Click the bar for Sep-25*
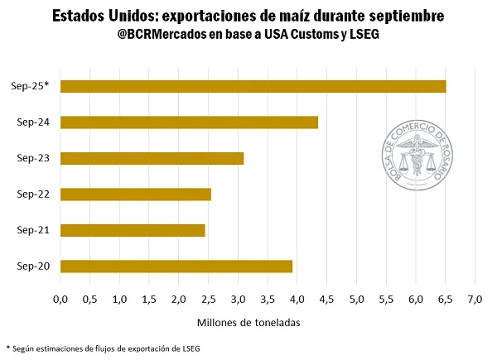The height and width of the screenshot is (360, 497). pyautogui.click(x=253, y=86)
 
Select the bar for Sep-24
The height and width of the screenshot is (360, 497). pyautogui.click(x=189, y=122)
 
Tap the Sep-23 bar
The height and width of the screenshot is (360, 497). pyautogui.click(x=152, y=158)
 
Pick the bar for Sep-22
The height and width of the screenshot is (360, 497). pyautogui.click(x=135, y=194)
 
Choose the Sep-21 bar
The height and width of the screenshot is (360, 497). pyautogui.click(x=133, y=230)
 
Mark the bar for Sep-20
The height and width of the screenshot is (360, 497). pyautogui.click(x=176, y=266)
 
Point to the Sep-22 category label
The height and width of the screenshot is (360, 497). pyautogui.click(x=32, y=194)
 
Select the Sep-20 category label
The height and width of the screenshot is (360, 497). pyautogui.click(x=32, y=266)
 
